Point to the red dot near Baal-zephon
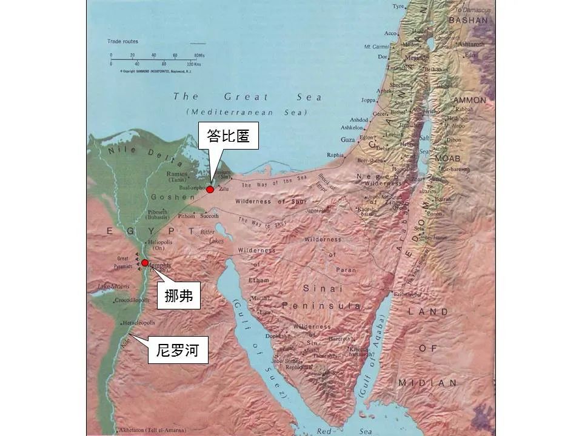(210, 190)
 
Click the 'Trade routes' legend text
(122, 42)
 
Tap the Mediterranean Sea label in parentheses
(247, 112)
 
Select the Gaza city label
(348, 140)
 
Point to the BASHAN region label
(467, 20)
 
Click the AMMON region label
(469, 100)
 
